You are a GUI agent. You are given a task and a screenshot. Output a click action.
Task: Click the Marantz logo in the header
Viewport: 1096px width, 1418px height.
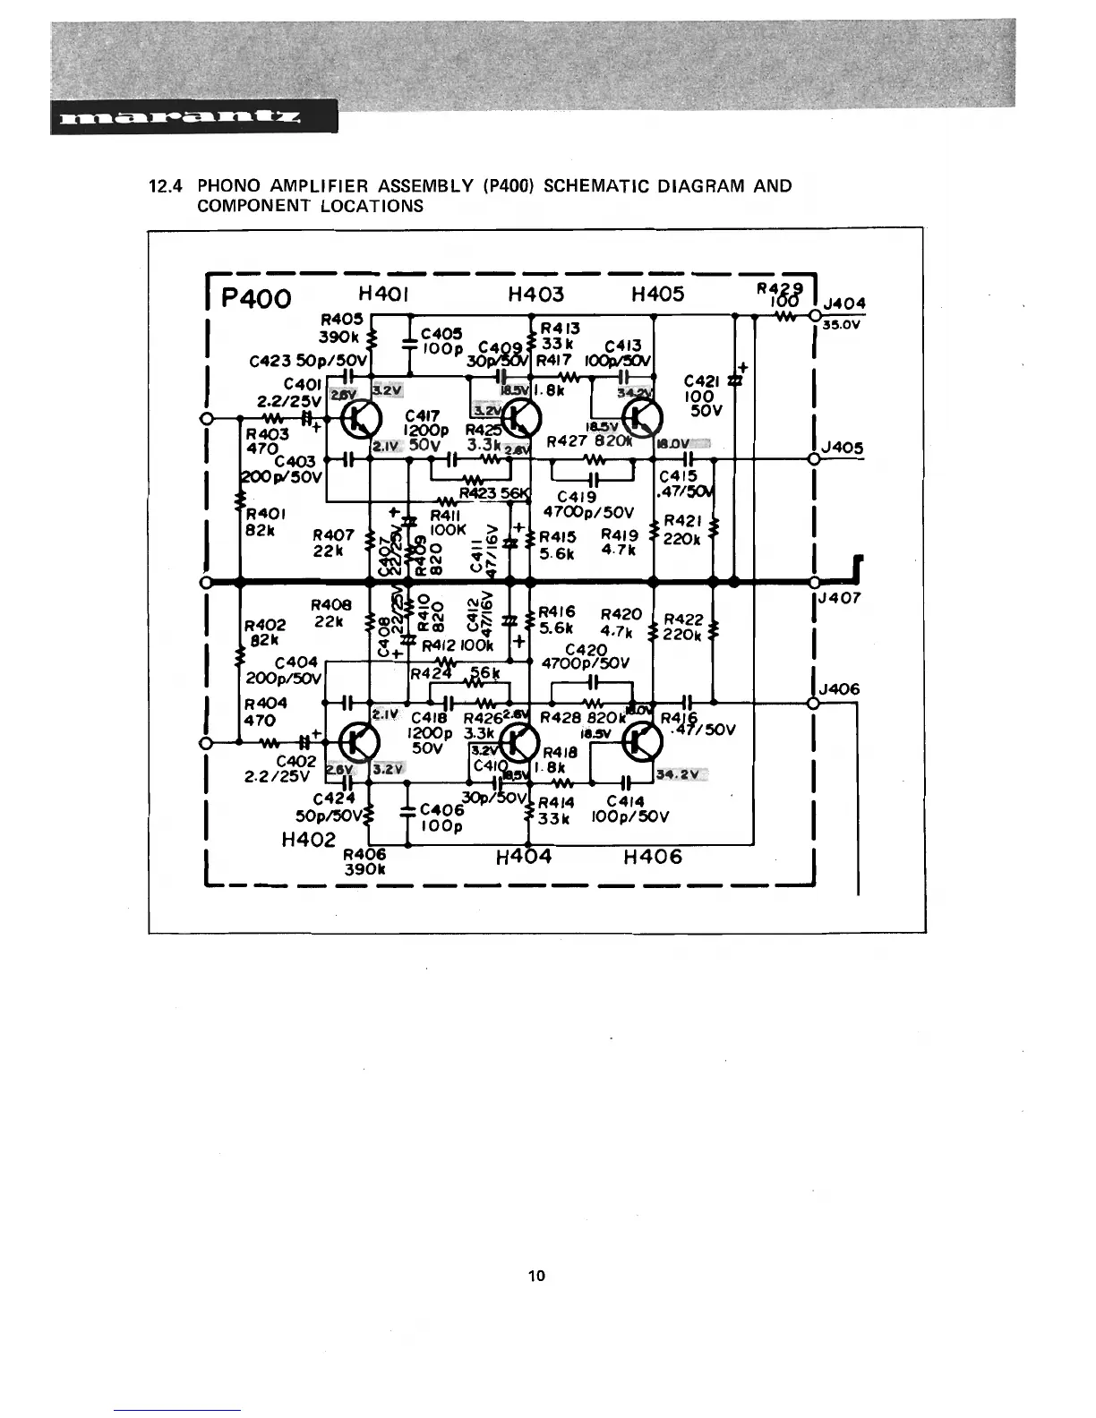point(178,117)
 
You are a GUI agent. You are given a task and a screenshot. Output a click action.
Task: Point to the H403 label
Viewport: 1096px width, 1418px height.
point(535,294)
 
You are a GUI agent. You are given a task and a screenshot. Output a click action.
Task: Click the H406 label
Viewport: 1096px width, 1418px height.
point(652,857)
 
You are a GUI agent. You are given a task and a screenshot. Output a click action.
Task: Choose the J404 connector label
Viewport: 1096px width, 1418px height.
point(844,304)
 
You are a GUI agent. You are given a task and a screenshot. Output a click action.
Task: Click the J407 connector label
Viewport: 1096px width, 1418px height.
point(839,597)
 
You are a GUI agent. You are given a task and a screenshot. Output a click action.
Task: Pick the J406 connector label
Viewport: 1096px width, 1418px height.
point(839,688)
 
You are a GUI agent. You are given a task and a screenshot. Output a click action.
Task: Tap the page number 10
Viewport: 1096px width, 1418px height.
point(537,1276)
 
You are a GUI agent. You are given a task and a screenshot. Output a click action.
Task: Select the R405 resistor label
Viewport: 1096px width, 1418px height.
point(341,319)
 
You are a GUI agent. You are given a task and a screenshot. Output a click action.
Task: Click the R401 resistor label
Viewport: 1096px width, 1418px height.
point(265,514)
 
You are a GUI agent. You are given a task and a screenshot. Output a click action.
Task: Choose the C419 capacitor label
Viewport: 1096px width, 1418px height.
point(578,497)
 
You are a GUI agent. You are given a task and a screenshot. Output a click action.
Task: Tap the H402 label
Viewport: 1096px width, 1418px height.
point(308,840)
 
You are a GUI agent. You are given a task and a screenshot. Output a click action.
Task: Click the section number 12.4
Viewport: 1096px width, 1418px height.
point(166,186)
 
